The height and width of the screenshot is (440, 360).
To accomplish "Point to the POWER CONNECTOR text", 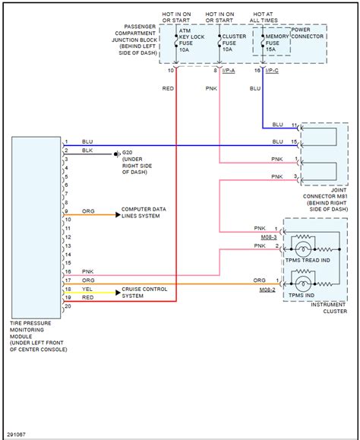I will [308, 36].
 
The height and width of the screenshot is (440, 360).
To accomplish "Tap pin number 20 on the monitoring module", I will [68, 306].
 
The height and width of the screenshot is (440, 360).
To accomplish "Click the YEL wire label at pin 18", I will [88, 289].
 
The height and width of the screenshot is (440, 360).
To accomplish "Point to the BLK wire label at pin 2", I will [88, 151].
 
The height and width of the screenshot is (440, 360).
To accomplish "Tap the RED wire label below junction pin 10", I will [167, 88].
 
